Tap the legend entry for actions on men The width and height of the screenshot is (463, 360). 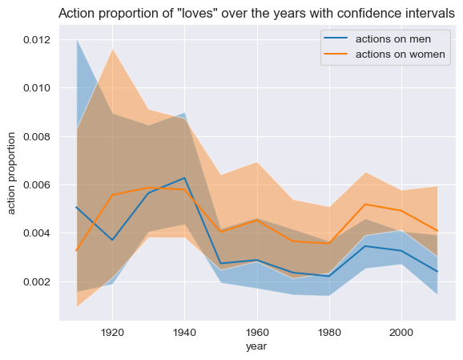377,39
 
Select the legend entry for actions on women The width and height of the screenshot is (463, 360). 384,54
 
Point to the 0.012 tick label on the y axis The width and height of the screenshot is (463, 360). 37,39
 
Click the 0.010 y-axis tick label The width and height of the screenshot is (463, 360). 37,88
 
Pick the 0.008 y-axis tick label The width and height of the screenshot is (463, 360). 37,137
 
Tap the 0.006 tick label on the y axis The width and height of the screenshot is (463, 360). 37,185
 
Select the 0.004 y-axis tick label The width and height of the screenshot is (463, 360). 37,233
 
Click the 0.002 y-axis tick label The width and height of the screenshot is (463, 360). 37,282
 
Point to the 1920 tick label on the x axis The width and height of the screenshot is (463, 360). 112,333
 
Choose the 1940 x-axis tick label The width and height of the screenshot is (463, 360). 184,333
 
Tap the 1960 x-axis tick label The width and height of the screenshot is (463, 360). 257,333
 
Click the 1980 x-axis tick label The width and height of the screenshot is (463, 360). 329,333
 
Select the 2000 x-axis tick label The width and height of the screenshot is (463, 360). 401,333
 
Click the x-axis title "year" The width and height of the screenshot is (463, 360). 256,346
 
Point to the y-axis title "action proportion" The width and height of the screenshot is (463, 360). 11,173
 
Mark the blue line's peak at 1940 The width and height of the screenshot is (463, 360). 184,178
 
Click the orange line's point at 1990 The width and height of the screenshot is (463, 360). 365,204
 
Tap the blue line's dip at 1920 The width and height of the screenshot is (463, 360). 112,240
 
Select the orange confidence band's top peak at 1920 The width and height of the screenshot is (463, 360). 112,49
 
